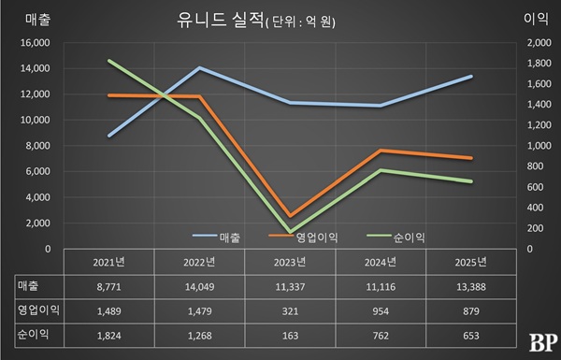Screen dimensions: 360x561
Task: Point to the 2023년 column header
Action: (x=290, y=261)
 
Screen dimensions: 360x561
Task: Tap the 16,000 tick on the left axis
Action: (x=35, y=43)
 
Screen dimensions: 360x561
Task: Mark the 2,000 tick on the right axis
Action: (x=541, y=43)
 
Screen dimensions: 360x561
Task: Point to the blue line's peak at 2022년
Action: (x=199, y=68)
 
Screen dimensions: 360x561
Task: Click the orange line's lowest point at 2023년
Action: (x=290, y=216)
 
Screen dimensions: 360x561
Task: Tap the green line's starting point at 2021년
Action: (x=109, y=61)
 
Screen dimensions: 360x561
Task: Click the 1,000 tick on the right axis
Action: (x=541, y=146)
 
